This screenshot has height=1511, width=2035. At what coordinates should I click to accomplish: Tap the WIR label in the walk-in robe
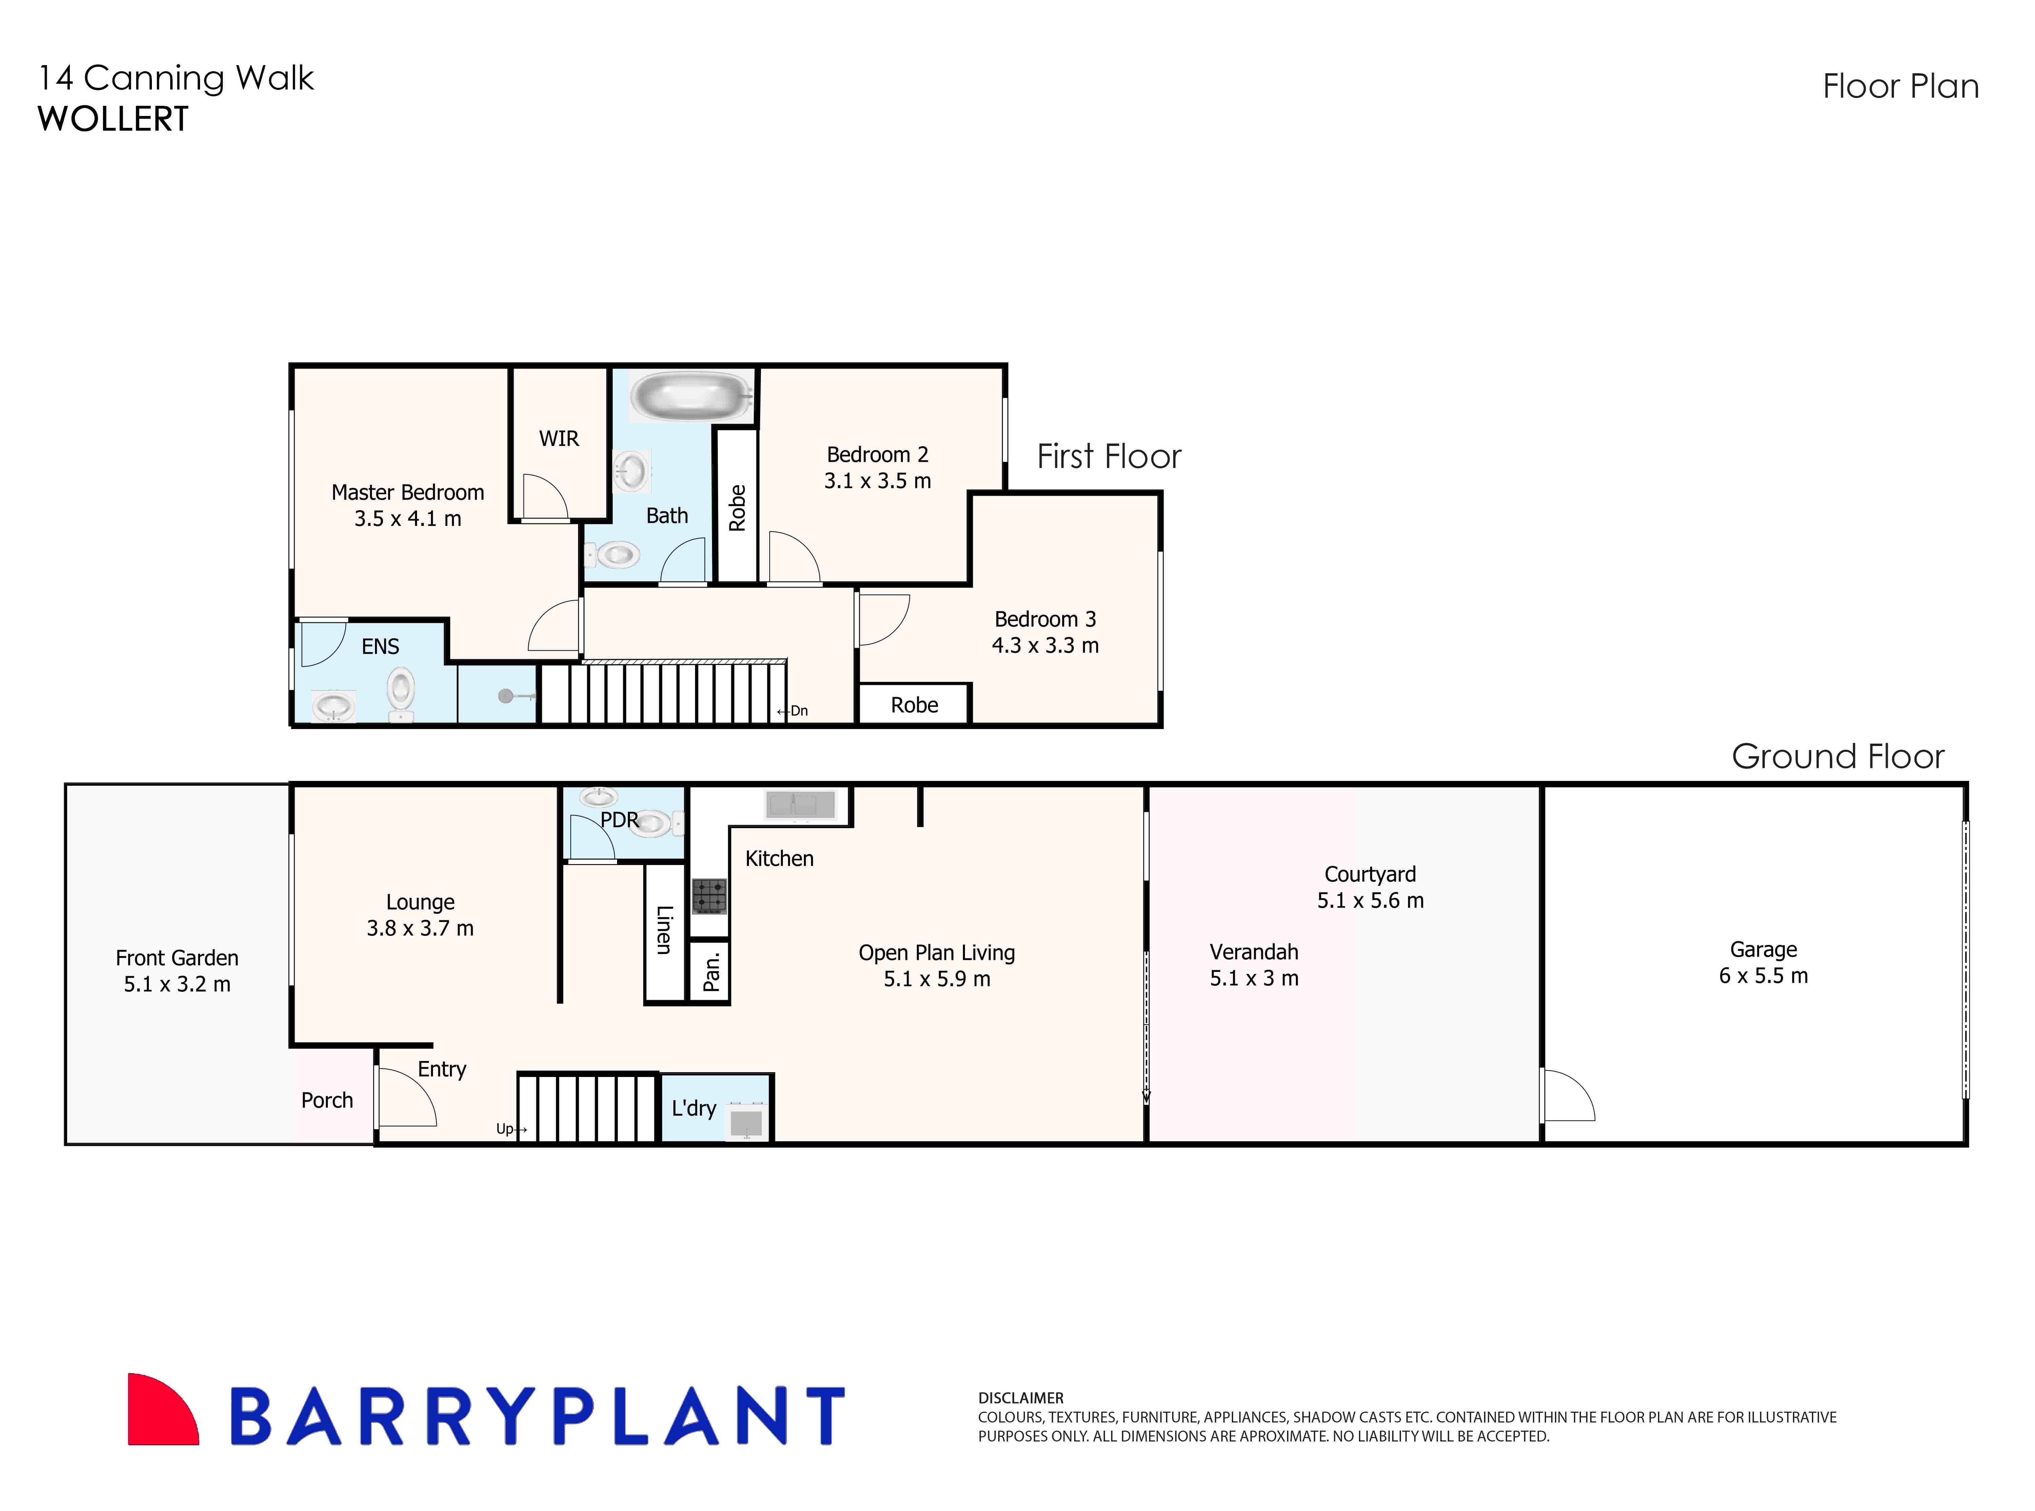[559, 439]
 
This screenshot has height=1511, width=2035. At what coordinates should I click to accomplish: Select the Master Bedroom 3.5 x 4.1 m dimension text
[408, 518]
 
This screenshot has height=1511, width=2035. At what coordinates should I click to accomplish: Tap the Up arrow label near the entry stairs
[510, 1129]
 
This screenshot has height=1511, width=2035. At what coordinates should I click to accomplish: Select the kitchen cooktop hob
[709, 896]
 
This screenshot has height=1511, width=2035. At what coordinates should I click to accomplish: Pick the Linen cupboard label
[665, 929]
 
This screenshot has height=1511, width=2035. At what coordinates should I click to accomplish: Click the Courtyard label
[1369, 875]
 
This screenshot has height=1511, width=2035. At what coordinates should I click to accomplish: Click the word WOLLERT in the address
[113, 120]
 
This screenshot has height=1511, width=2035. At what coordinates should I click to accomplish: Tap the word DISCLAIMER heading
[1021, 1398]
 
